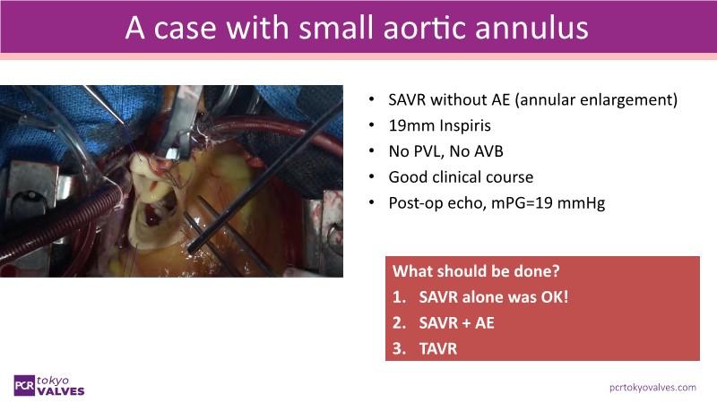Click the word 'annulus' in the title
531,28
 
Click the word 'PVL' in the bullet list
428,151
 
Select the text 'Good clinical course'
461,176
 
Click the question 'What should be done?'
476,271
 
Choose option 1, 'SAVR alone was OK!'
494,297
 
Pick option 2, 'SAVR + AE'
457,323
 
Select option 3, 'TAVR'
438,349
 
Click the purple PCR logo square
24,386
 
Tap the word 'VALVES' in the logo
61,391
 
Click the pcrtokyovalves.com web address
652,388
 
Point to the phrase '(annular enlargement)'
596,100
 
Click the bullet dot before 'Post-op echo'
372,203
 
